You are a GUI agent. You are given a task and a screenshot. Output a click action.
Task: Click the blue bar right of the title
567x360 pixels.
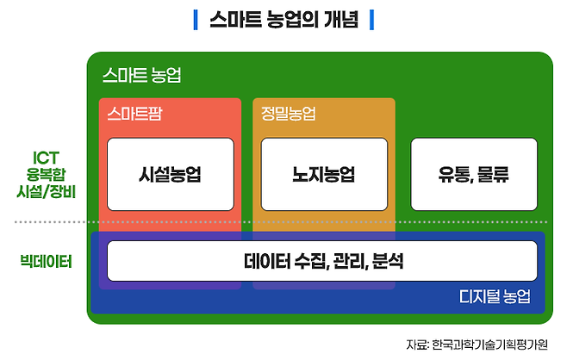371,18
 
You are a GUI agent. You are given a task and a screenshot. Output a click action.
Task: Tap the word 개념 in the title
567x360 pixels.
341,18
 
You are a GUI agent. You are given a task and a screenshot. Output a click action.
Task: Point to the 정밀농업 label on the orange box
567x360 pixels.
288,113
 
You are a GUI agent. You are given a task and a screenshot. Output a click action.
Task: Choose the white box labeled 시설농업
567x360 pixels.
170,174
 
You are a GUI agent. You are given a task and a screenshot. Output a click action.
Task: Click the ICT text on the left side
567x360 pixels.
46,158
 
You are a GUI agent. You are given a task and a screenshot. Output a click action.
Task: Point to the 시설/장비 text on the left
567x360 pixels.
46,191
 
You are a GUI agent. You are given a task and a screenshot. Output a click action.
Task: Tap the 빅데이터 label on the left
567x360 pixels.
46,259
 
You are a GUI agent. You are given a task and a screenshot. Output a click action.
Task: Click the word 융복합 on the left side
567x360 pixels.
46,174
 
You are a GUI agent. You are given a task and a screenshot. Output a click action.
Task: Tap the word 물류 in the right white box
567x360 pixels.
491,174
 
